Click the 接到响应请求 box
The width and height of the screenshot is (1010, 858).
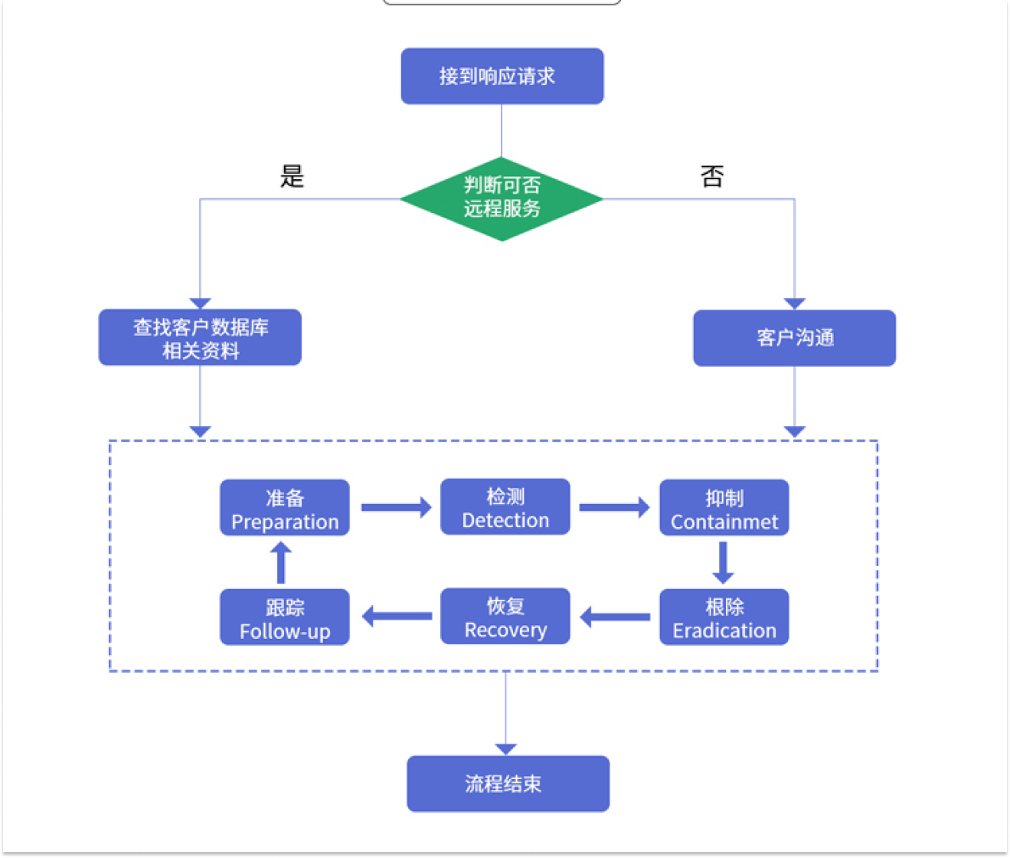(502, 76)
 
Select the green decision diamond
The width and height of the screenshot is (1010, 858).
(502, 198)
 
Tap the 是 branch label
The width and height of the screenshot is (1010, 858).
(292, 176)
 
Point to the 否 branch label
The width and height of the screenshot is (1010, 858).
(712, 176)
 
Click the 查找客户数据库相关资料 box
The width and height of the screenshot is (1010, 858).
(200, 338)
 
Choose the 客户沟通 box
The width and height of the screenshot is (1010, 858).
(794, 338)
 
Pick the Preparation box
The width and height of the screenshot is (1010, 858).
(285, 508)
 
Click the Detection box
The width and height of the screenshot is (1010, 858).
(505, 507)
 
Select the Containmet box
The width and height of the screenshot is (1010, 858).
(724, 508)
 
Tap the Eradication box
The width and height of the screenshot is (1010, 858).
(724, 617)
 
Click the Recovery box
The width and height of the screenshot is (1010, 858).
(505, 617)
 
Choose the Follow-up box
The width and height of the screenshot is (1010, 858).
(285, 617)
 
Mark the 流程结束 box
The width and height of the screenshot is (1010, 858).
(508, 784)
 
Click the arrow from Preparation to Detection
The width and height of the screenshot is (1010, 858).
(396, 507)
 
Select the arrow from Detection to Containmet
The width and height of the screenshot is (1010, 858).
(614, 507)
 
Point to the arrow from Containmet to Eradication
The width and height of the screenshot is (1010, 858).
(723, 562)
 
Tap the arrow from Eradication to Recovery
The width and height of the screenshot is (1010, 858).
(615, 617)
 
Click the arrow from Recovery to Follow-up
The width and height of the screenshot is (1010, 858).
(396, 616)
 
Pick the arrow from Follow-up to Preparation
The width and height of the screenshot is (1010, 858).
(281, 562)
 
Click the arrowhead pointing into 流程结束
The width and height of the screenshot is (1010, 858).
(506, 748)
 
